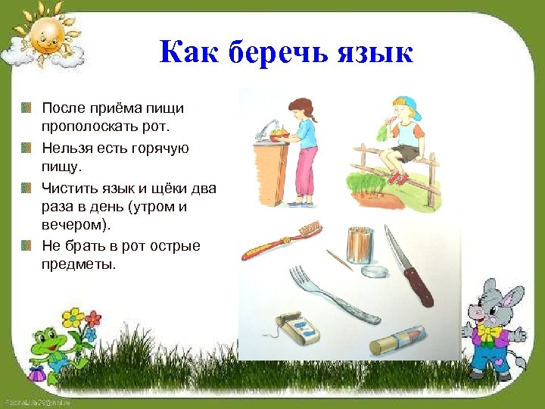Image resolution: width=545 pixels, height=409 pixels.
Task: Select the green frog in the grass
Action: [47, 349]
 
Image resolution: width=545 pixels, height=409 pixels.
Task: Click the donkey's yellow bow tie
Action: [489, 330]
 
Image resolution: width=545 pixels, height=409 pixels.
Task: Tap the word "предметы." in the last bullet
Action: [79, 264]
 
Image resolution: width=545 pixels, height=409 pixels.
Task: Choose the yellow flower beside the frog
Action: [73, 316]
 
